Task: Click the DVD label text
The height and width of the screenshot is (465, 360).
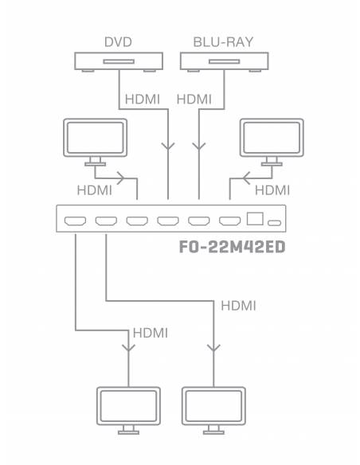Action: tap(118, 41)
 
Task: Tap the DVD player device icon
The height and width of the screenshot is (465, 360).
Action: tap(119, 61)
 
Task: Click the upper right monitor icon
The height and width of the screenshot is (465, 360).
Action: tap(272, 139)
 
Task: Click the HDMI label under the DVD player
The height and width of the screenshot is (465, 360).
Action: tap(143, 100)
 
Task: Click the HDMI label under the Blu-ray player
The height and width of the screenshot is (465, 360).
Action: tap(194, 100)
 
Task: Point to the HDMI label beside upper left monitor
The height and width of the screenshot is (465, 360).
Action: tap(94, 190)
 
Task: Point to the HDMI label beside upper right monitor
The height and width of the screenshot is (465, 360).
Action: tap(272, 190)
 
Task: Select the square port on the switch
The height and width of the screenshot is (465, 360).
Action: tap(255, 217)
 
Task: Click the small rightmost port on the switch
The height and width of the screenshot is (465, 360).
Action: tap(275, 221)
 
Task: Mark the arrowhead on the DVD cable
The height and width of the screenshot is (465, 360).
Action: tap(168, 146)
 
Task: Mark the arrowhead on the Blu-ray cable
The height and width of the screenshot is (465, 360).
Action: tap(199, 146)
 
